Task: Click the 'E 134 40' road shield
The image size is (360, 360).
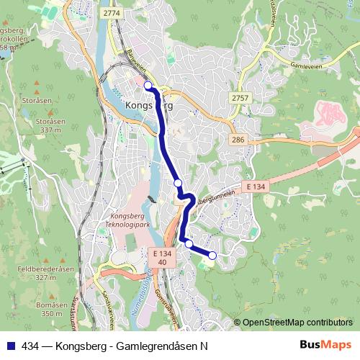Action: click(163, 258)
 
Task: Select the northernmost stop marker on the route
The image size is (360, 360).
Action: click(148, 86)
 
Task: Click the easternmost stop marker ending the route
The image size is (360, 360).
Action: click(212, 255)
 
